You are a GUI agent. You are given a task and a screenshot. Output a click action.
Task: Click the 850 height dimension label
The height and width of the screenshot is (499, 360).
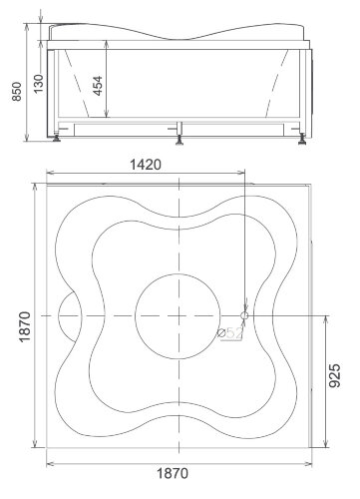coord(17,92)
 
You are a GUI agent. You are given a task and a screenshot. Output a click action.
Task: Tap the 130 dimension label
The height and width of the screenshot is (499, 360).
coord(38,84)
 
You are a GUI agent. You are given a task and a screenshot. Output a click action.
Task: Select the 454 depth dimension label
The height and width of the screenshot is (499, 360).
coord(98,86)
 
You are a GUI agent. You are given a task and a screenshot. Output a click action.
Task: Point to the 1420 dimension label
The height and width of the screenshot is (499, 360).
coord(146,165)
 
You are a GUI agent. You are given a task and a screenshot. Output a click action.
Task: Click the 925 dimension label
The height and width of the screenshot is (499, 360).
coord(335,375)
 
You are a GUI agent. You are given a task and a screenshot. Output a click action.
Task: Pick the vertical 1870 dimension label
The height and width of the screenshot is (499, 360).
coord(25,327)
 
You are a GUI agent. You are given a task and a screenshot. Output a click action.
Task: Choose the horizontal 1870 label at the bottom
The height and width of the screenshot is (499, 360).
coord(173,473)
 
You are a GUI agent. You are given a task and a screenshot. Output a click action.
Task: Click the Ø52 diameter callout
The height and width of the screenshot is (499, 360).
coord(230,333)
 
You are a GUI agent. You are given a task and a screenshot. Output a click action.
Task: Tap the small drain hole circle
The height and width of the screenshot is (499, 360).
coord(244,315)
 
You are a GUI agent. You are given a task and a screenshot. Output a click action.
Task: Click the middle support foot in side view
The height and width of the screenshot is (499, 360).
coord(180,140)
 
